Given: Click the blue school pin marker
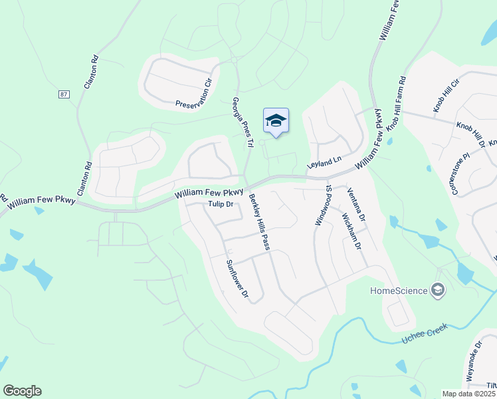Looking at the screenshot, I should click(x=276, y=122).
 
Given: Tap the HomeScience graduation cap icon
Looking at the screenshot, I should click(x=438, y=289).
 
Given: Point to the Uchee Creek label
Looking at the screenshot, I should click(x=425, y=334).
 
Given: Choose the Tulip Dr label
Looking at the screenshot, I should click(x=221, y=205).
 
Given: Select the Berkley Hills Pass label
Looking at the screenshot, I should click(x=259, y=222).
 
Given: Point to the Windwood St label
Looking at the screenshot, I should click(x=323, y=205).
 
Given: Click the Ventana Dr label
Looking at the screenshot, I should click(x=357, y=204).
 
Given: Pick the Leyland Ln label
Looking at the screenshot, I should click(x=324, y=161).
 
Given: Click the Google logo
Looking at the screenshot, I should click(x=22, y=391).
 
